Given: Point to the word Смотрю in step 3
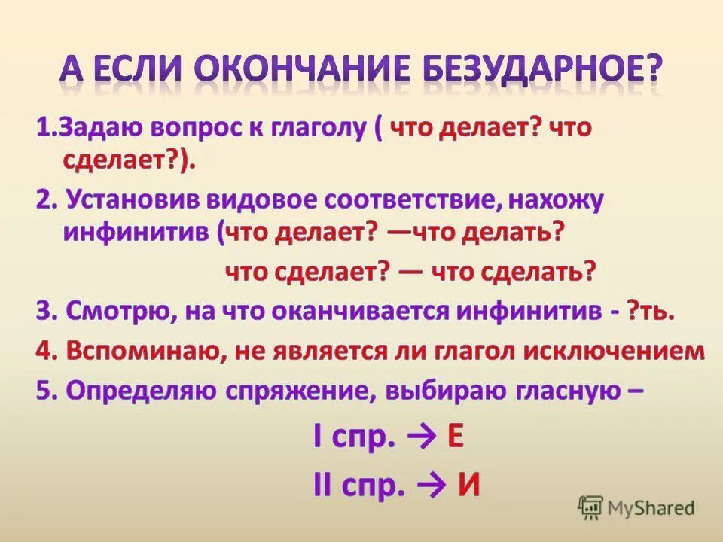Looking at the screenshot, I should [x=117, y=312].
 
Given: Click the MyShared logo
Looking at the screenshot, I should [x=636, y=507].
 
